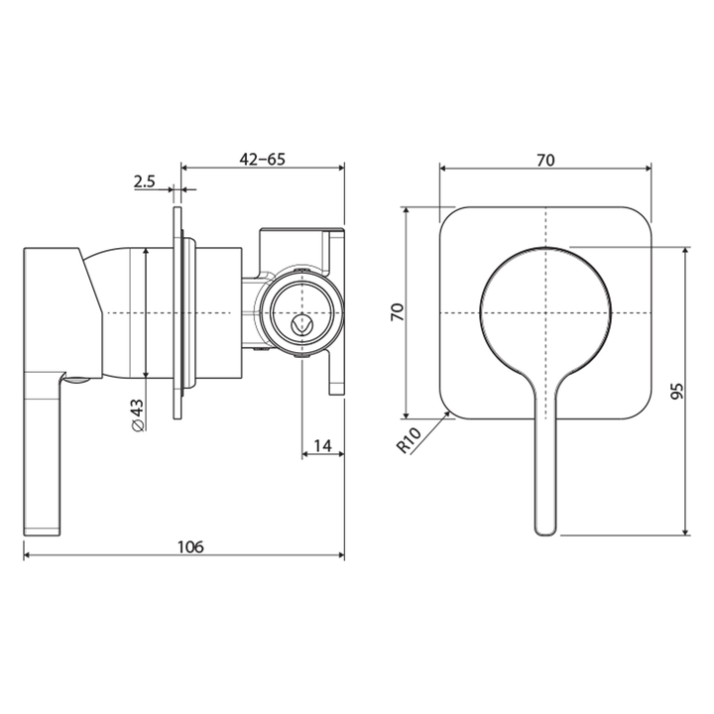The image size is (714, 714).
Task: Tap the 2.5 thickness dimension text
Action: pyautogui.click(x=145, y=180)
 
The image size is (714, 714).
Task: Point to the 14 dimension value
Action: pyautogui.click(x=322, y=445)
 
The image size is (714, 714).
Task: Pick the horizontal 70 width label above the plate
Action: pyautogui.click(x=545, y=159)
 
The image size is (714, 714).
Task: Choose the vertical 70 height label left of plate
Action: pyautogui.click(x=397, y=312)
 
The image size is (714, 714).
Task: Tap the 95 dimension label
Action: pyautogui.click(x=676, y=390)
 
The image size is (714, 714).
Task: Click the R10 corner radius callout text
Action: pyautogui.click(x=409, y=438)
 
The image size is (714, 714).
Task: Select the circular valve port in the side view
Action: pyautogui.click(x=302, y=312)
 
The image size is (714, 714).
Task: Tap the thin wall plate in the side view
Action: pyautogui.click(x=178, y=313)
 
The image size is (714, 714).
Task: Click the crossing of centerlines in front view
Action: pyautogui.click(x=545, y=313)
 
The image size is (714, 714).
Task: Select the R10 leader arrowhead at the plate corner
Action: pyautogui.click(x=452, y=416)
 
